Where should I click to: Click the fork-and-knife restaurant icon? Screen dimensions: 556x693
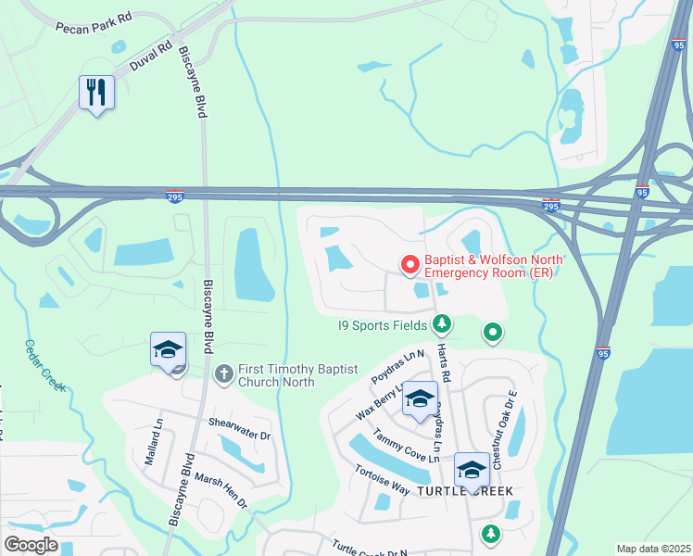pyautogui.click(x=96, y=92)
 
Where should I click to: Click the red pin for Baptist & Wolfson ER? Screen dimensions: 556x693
pyautogui.click(x=409, y=266)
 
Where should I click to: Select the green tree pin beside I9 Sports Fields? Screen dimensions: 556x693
pyautogui.click(x=443, y=323)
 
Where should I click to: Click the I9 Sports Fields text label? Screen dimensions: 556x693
pyautogui.click(x=381, y=324)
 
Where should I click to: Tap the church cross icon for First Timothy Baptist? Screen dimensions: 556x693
pyautogui.click(x=223, y=373)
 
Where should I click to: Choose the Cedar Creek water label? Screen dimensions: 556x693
pyautogui.click(x=44, y=365)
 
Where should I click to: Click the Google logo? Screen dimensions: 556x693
pyautogui.click(x=31, y=545)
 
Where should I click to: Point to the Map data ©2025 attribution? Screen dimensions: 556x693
pyautogui.click(x=653, y=549)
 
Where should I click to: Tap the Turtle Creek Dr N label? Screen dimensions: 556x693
pyautogui.click(x=369, y=548)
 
